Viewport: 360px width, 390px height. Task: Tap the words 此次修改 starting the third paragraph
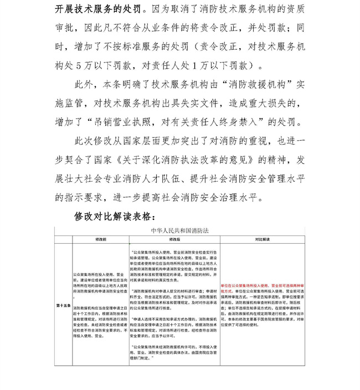[x=94, y=141]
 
